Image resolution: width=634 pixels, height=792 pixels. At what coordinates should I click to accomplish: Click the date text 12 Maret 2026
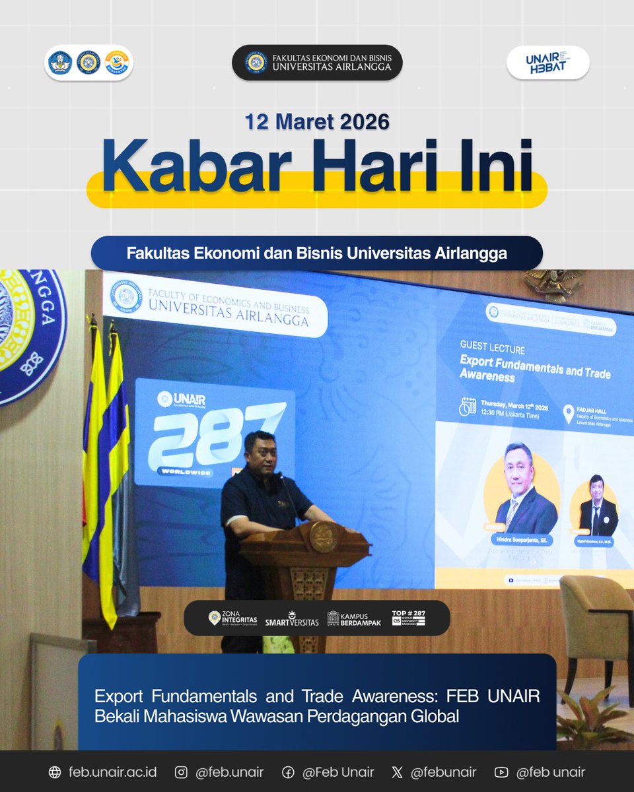317,122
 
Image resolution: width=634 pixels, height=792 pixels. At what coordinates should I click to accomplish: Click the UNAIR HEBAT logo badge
547,63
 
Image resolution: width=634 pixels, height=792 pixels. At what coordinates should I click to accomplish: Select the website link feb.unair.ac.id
112,772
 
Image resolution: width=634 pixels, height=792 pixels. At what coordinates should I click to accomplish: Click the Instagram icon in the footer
181,772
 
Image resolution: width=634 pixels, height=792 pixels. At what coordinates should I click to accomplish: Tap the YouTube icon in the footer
501,772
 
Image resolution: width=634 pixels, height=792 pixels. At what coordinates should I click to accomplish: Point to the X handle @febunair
444,772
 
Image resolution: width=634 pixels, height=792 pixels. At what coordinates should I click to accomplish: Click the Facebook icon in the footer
288,772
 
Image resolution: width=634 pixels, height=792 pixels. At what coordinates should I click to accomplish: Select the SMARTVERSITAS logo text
291,618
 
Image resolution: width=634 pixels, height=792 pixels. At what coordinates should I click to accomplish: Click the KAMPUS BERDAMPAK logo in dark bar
354,618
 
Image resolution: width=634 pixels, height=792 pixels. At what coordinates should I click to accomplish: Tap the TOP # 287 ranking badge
408,618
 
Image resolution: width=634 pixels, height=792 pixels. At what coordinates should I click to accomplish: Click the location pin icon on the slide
569,414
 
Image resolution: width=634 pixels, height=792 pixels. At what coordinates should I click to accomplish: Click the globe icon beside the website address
55,772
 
